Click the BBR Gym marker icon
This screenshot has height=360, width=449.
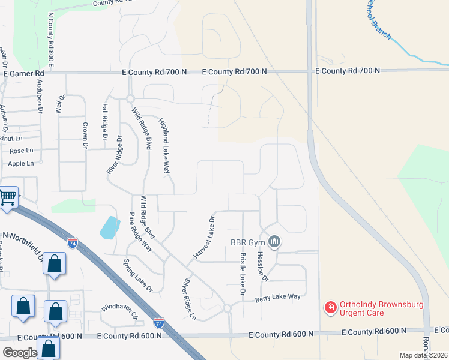(275, 242)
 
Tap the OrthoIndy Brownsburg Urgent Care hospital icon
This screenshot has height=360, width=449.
(330, 308)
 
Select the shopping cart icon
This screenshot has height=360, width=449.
(8, 196)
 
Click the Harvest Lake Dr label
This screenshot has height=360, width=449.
(204, 238)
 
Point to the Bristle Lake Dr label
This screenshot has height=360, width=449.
(243, 274)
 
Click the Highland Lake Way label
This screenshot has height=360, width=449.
(164, 146)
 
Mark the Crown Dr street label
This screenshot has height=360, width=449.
(85, 136)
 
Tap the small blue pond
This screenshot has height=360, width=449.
(109, 226)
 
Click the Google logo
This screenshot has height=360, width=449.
(19, 353)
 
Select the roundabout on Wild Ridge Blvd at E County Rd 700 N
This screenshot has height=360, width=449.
(130, 99)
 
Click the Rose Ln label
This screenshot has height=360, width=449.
(21, 151)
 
